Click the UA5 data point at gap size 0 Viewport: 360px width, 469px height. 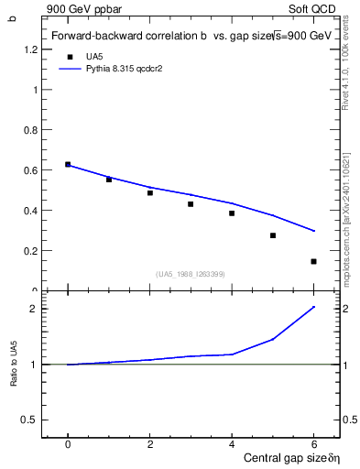tap(68, 164)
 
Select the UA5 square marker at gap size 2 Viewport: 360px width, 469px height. tap(150, 192)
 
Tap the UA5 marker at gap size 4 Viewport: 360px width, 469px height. tap(232, 213)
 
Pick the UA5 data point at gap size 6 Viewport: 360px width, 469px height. tap(313, 261)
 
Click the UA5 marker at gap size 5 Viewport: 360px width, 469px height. tap(273, 235)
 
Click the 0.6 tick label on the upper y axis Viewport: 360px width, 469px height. tap(34, 170)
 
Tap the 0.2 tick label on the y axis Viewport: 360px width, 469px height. tap(34, 251)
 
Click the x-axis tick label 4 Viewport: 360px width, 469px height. tap(232, 443)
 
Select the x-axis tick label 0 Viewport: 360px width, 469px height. tap(68, 443)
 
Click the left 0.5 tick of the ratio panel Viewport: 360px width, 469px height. tap(34, 420)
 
